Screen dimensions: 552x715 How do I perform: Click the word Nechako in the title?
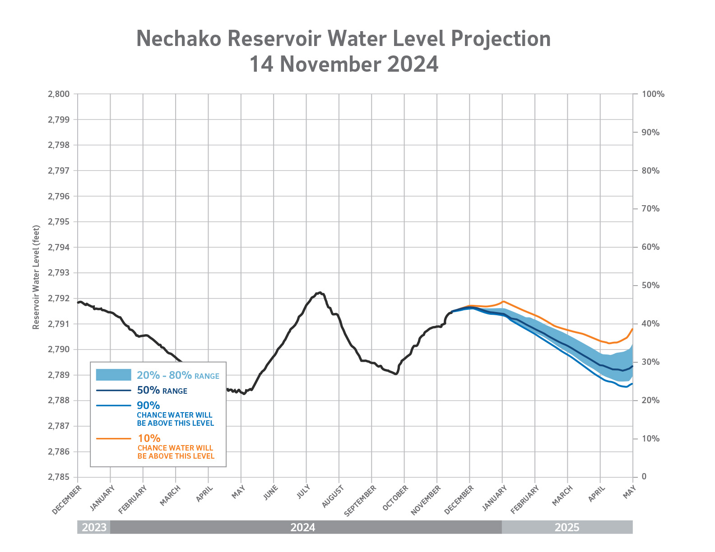[x=179, y=39]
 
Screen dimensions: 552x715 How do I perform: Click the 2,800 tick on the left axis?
[x=58, y=94]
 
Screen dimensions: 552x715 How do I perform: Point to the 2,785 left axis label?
[x=58, y=477]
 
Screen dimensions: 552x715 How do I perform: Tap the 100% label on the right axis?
[x=653, y=94]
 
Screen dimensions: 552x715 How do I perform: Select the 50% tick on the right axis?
[x=650, y=285]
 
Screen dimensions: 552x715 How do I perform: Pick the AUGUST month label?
[x=334, y=496]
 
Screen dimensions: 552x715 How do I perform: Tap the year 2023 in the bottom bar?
[x=94, y=527]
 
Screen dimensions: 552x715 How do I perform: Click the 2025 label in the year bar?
[x=567, y=527]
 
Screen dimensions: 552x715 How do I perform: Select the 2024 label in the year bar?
[x=302, y=527]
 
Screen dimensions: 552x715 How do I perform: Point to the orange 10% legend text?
[x=149, y=438]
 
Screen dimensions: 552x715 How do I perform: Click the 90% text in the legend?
[x=148, y=405]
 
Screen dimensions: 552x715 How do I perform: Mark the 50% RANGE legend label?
[x=162, y=391]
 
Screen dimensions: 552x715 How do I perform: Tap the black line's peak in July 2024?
[x=320, y=292]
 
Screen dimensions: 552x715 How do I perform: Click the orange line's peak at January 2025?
[x=503, y=301]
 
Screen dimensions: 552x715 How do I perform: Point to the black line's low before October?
[x=396, y=374]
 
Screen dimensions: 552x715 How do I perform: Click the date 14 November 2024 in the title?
[x=344, y=64]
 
